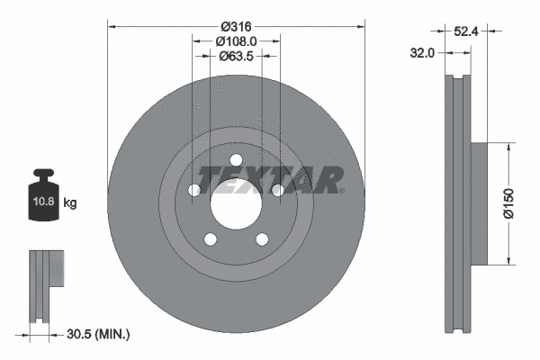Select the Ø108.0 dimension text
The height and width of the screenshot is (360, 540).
pos(237,40)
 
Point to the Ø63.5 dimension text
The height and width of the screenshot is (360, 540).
pos(237,56)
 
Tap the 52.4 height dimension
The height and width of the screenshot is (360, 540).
pos(464,31)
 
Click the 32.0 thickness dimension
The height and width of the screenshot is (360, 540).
pos(422,53)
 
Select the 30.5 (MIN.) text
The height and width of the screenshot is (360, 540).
pos(99,335)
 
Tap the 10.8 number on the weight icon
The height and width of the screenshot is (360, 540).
pos(42,202)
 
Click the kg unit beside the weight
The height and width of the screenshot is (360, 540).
pos(70,203)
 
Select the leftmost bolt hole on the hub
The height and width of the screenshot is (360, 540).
pos(194,190)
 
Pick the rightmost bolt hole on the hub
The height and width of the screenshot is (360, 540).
pos(278,190)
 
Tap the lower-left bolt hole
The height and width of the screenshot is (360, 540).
pos(211,239)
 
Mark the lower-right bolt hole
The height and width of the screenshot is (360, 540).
pos(263,239)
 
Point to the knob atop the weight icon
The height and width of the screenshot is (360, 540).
pos(42,174)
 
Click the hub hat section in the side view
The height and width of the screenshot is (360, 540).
pos(477,203)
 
